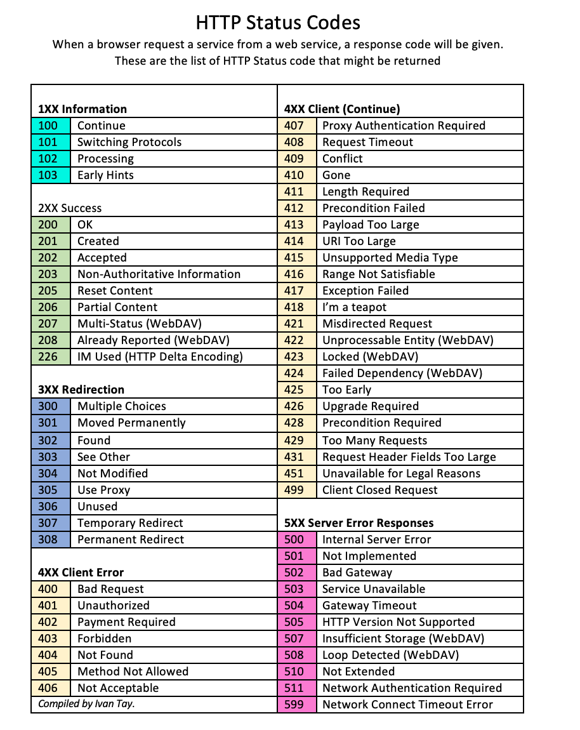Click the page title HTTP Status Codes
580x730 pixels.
[x=278, y=23]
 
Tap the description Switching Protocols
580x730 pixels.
[x=129, y=142]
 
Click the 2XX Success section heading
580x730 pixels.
[x=70, y=208]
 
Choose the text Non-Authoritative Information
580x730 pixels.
[x=159, y=274]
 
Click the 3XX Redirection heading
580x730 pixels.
[x=81, y=389]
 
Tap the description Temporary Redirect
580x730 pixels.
[x=130, y=523]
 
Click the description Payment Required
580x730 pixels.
[x=126, y=622]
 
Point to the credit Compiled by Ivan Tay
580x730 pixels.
[x=86, y=703]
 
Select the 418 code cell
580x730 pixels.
[x=294, y=307]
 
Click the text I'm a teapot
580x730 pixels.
[x=354, y=307]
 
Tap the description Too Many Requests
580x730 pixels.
[x=374, y=441]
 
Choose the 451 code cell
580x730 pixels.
[x=294, y=474]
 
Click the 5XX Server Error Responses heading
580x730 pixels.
[x=359, y=523]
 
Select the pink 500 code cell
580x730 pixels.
[x=294, y=540]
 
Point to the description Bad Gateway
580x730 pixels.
[x=357, y=573]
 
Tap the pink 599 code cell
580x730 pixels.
[x=294, y=705]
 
